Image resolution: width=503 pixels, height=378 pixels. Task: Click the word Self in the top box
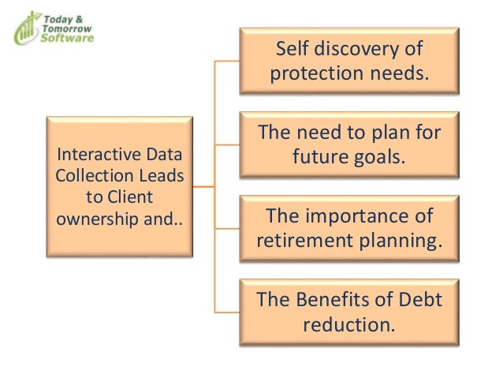(291, 50)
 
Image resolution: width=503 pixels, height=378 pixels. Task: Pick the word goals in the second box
(378, 155)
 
